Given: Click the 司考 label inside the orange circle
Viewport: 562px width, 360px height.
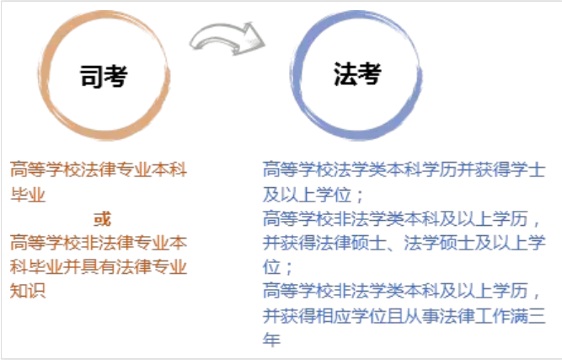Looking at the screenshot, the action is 104,77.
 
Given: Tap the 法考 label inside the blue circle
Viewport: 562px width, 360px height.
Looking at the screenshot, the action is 357,74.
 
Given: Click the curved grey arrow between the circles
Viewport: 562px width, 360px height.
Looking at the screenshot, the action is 227,38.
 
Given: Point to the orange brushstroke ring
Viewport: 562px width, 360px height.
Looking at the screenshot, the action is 42,75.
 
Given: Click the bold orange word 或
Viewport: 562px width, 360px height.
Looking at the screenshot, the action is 102,219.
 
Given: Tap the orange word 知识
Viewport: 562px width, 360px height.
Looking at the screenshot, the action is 28,290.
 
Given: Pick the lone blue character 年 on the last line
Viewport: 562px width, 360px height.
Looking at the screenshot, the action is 271,339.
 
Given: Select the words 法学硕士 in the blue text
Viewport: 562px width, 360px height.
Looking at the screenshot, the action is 439,243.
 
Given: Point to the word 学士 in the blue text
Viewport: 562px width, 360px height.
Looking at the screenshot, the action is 527,169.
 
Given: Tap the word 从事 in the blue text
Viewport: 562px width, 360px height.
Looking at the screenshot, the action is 421,316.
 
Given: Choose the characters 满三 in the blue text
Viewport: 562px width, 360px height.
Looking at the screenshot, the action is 527,316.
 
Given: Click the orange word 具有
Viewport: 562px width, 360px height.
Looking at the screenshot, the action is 99,267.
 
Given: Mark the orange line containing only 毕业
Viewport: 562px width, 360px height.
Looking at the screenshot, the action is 28,195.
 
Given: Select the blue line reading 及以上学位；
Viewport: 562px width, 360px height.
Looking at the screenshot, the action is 313,195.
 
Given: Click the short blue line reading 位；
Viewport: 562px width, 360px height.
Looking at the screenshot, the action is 278,267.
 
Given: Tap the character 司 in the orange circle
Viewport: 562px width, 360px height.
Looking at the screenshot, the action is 91,77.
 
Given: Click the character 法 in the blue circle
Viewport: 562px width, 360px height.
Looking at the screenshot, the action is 345,74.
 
